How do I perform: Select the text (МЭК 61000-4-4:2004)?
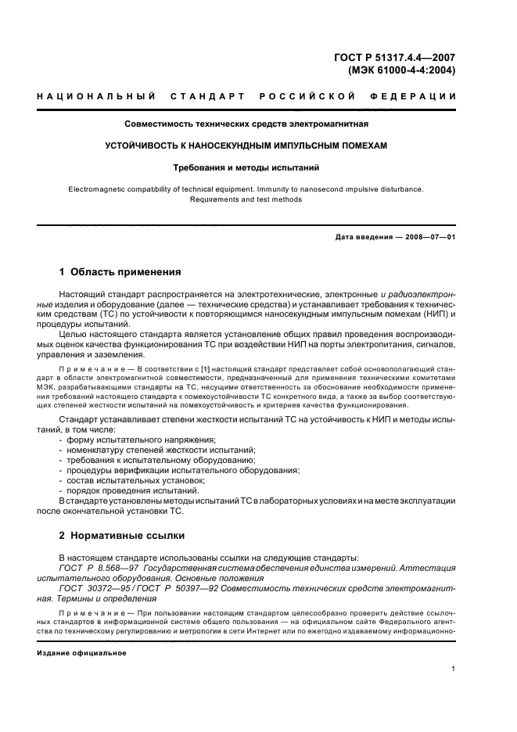[x=401, y=70]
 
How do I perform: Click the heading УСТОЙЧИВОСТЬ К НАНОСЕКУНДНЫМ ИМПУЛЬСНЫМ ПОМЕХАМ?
[x=246, y=145]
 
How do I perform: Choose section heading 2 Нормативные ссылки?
[x=122, y=536]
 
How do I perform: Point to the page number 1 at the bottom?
[x=454, y=669]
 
